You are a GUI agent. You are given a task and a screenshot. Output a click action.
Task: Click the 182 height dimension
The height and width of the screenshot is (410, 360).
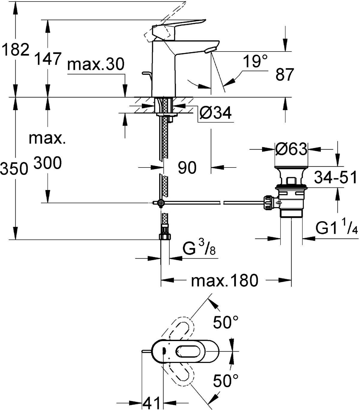click(x=15, y=49)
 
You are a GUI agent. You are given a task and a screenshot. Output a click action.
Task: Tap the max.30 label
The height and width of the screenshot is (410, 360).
click(x=96, y=64)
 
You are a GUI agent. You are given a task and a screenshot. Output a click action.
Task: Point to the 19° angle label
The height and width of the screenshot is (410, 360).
click(x=255, y=61)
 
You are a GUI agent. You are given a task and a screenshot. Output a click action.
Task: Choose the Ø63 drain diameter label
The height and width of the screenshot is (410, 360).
click(x=291, y=149)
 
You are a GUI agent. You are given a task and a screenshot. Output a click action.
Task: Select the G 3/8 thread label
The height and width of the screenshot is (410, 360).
click(x=199, y=249)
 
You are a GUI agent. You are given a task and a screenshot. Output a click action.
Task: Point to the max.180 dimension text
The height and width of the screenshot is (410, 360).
click(x=225, y=280)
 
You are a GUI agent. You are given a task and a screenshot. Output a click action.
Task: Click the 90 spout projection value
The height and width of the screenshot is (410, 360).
click(x=187, y=167)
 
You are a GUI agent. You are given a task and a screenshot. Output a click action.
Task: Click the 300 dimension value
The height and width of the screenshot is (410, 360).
click(x=48, y=163)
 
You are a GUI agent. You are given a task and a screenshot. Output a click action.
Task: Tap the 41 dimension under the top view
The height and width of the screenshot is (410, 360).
click(x=151, y=403)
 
